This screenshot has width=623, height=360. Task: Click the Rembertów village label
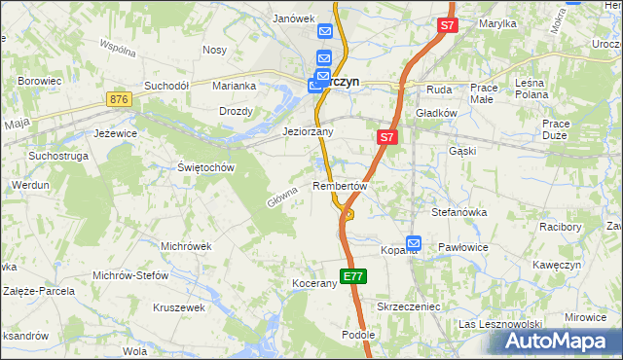click(x=340, y=185)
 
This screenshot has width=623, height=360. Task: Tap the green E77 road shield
click(x=353, y=276)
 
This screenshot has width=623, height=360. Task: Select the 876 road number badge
click(x=120, y=100)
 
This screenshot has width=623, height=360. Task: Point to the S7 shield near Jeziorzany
click(x=386, y=138)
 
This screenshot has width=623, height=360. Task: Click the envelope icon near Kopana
click(x=414, y=242)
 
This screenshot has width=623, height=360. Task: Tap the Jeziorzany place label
click(x=308, y=131)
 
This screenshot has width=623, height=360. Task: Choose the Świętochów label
click(x=207, y=166)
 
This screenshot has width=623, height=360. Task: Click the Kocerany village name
click(x=313, y=283)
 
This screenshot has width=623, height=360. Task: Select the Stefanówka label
click(x=458, y=211)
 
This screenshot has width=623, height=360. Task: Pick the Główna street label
click(x=280, y=198)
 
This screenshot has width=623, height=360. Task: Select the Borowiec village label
click(x=40, y=81)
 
